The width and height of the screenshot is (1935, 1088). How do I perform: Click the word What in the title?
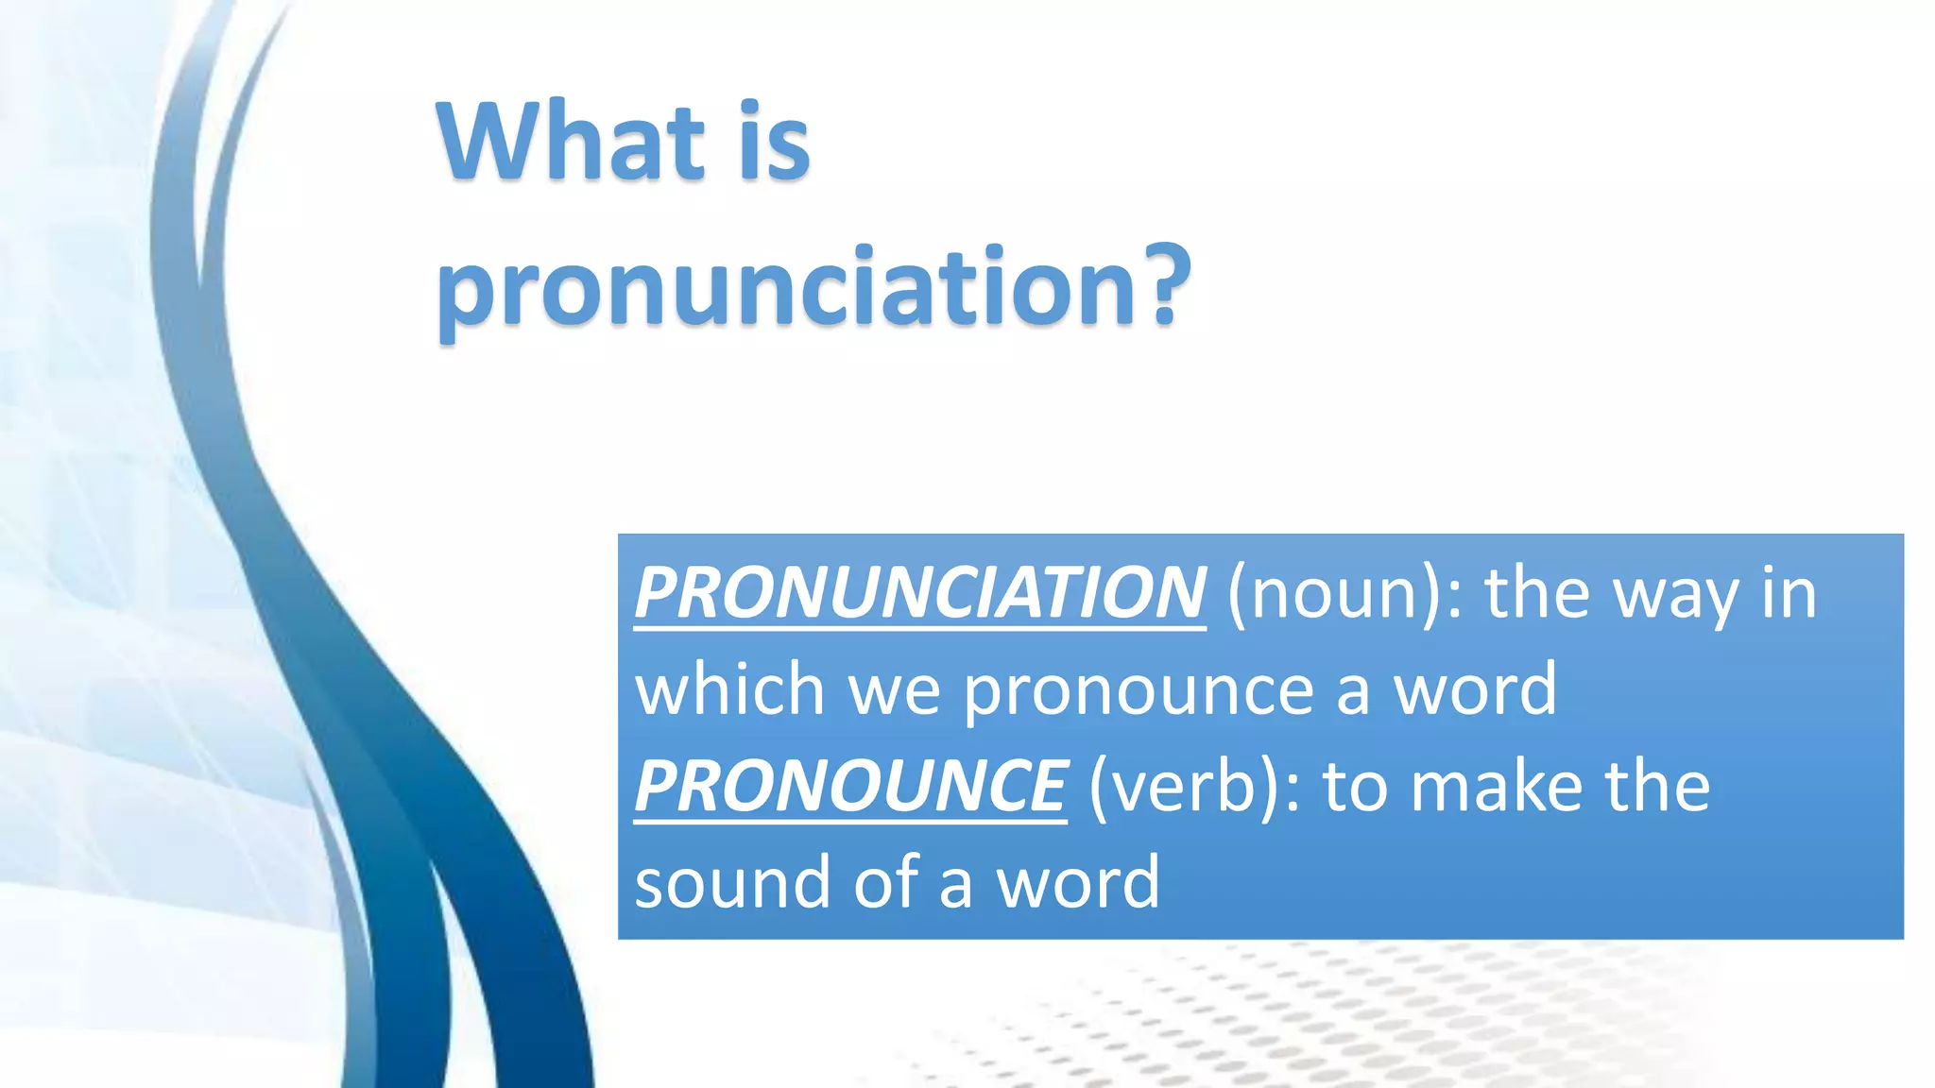click(570, 142)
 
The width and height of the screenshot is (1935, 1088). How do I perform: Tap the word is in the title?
click(774, 142)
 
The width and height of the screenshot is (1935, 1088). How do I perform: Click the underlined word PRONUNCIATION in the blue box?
click(919, 593)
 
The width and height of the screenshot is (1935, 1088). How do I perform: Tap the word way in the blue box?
click(1675, 595)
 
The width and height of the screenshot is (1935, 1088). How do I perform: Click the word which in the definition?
click(729, 689)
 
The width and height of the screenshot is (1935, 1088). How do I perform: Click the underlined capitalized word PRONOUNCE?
click(850, 786)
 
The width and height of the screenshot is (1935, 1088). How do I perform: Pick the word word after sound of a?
click(1078, 882)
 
